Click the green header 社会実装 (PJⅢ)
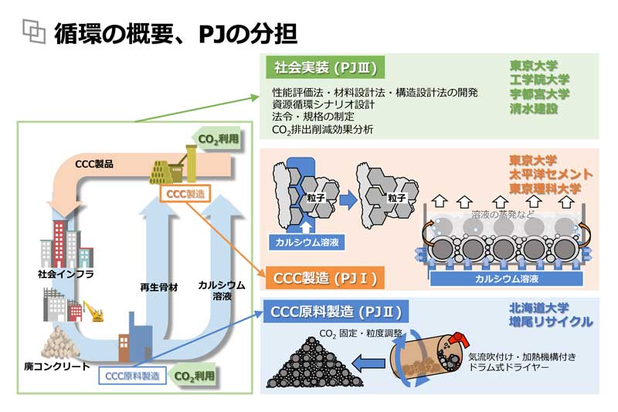pos(324,68)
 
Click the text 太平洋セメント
pos(551,175)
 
